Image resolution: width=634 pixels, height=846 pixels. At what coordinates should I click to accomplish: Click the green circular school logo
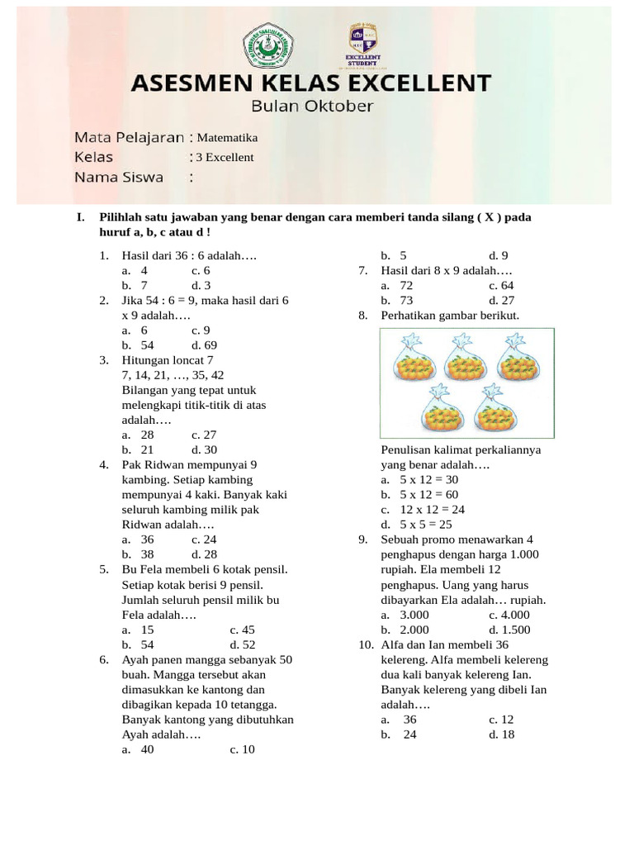click(268, 46)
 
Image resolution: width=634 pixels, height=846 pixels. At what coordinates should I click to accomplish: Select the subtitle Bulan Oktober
click(312, 106)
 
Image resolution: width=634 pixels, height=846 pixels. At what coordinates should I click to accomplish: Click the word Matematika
click(227, 137)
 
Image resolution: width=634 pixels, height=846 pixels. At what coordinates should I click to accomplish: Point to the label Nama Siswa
click(119, 177)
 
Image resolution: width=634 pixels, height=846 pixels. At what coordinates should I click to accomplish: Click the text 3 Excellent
click(225, 157)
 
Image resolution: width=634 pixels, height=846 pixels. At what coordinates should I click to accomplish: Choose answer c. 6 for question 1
click(201, 270)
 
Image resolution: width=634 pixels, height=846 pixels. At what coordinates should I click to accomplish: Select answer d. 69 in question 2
click(204, 345)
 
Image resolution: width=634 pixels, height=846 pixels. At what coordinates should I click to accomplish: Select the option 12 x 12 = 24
click(423, 510)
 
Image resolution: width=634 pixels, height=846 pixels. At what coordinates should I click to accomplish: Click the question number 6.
click(104, 659)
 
